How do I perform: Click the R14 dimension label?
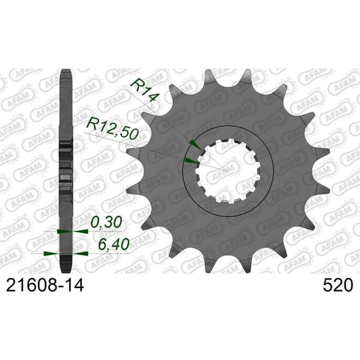coord(145,89)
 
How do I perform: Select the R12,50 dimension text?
coord(112,129)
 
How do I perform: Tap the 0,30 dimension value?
coord(106,222)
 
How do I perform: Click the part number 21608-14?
coord(45,285)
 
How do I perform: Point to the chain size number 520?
coord(338,285)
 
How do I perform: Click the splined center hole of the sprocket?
coord(228,171)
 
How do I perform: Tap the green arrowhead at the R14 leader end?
coord(196,145)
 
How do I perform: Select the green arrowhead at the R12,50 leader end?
coord(192,161)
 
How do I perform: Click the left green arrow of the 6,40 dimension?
coord(51,254)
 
